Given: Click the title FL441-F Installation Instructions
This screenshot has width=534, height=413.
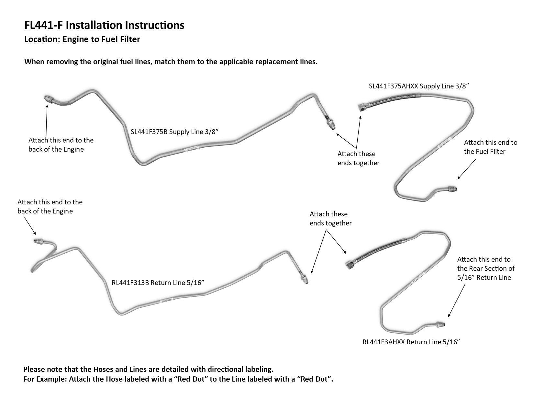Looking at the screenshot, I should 104,25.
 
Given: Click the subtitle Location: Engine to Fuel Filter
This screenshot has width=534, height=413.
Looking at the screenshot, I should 82,40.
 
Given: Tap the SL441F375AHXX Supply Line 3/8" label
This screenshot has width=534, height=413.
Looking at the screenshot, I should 419,86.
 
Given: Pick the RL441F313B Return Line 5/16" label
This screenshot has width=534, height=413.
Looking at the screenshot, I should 158,282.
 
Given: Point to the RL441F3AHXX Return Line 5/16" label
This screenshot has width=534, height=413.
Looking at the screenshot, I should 411,342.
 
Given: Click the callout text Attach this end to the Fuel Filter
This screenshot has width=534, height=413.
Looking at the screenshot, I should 490,147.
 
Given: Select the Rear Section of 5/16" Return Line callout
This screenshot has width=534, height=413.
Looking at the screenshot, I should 485,268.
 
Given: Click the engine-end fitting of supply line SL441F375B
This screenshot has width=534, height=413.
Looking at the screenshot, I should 48,98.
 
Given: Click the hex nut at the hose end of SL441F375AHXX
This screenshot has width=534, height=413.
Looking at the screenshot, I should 362,107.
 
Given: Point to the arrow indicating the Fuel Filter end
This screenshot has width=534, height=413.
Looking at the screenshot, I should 467,169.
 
